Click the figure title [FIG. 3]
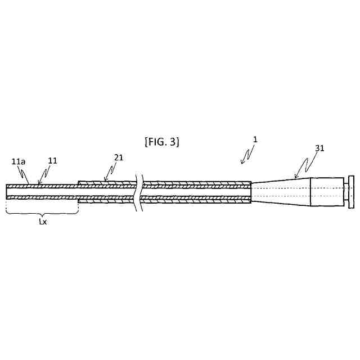162,141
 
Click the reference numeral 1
254,138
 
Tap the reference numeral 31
319,148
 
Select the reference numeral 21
119,157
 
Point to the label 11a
19,161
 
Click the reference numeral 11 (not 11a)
52,160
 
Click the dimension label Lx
42,222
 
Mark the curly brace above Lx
42,213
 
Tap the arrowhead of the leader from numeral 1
241,164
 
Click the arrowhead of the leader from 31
295,178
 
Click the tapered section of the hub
280,192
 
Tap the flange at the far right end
351,191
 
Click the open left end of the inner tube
7,192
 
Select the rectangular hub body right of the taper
326,192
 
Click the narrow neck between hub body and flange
345,191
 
